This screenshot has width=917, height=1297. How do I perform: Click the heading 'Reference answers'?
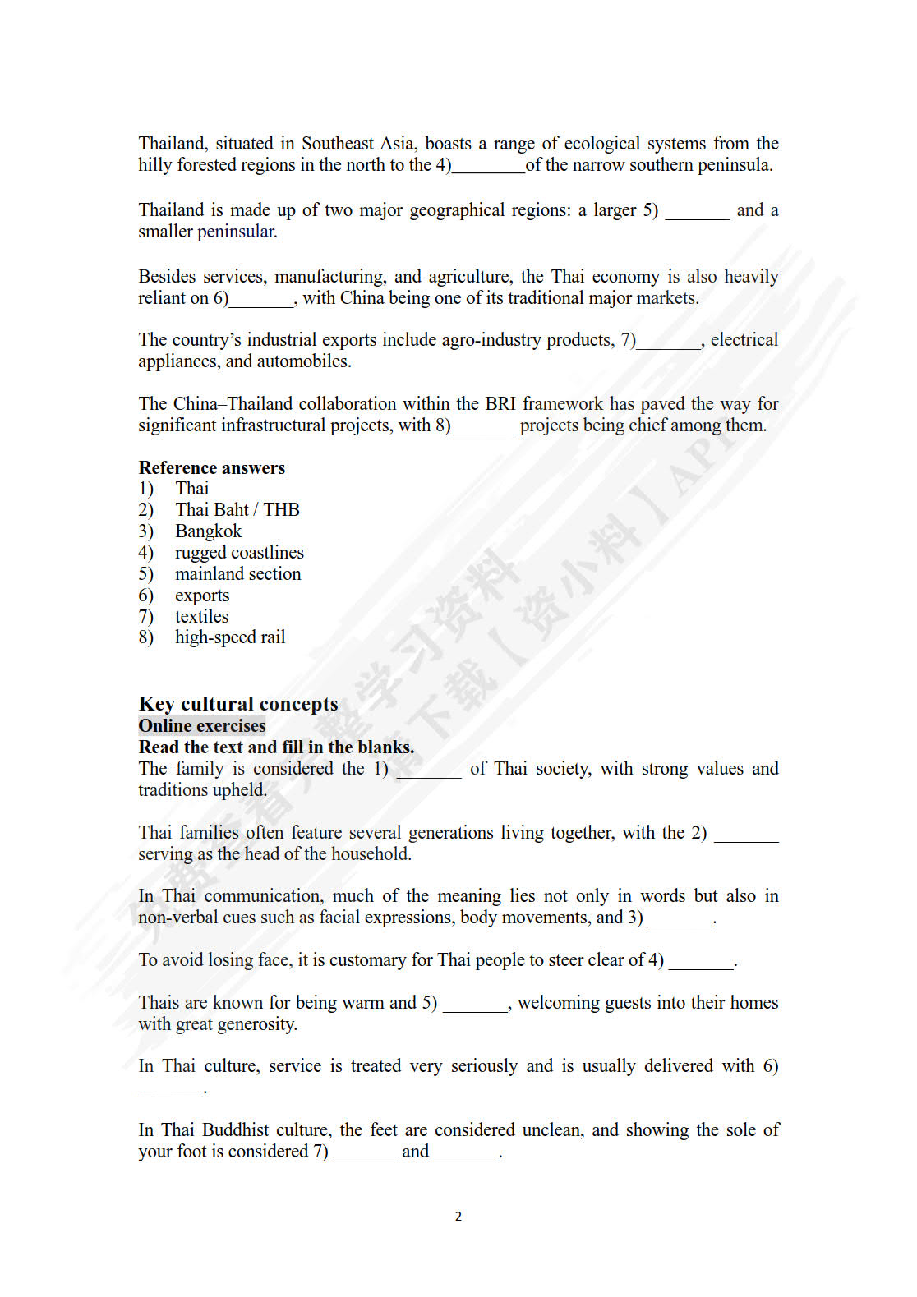(211, 467)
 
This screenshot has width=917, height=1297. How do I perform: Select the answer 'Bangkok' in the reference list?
(208, 531)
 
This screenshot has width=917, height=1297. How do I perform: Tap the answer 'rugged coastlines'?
(239, 552)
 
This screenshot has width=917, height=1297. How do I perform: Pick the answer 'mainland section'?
(237, 573)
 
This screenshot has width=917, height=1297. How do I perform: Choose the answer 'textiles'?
(201, 616)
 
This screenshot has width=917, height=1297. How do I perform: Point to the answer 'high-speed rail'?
(230, 637)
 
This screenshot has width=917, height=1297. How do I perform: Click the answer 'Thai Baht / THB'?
(237, 509)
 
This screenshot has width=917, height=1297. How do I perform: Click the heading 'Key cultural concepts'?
(238, 704)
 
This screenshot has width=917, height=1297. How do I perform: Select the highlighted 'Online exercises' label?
(202, 725)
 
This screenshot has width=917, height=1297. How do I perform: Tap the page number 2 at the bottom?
(458, 1217)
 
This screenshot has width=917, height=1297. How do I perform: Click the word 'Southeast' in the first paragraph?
(337, 144)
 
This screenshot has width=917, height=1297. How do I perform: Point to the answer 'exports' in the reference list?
(202, 595)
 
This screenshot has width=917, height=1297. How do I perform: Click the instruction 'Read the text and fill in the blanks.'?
(276, 747)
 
